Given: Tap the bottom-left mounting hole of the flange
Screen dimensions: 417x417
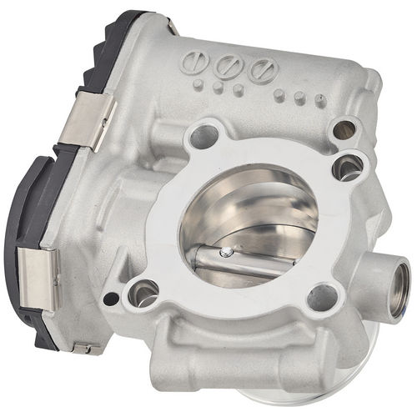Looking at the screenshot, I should coord(143,292).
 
